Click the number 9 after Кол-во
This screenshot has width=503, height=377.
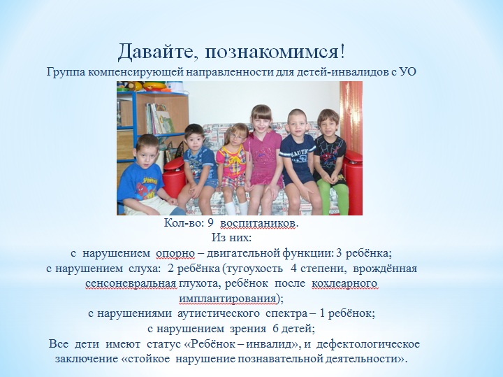pos(211,223)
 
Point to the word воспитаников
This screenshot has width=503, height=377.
pos(258,223)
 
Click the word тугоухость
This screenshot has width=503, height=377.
pos(254,269)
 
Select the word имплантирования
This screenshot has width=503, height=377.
pos(228,299)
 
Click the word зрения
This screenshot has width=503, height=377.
pos(248,329)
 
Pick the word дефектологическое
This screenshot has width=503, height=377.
pos(368,344)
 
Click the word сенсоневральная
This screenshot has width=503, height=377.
pos(131,284)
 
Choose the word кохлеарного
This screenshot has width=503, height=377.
pos(344,284)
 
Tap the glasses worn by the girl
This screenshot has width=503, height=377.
pos(237,137)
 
